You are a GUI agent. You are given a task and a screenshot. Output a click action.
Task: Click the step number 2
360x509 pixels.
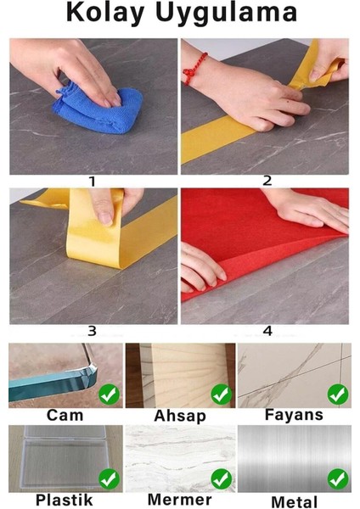point(267,181)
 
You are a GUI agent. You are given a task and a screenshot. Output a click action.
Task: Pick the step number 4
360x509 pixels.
point(267,332)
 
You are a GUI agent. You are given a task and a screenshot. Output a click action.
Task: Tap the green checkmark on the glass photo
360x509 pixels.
point(108,394)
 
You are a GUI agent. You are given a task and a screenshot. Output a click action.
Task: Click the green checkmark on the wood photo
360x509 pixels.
point(222,394)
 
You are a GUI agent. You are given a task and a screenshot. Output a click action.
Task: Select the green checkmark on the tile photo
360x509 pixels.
point(338,394)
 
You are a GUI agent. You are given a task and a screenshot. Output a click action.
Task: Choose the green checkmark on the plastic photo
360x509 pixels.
point(108,479)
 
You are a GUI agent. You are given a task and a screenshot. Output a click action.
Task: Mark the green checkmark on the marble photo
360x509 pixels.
point(222,479)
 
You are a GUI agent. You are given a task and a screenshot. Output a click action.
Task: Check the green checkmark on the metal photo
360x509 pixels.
point(338,479)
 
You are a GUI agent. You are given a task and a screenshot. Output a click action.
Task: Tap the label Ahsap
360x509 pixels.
point(180,417)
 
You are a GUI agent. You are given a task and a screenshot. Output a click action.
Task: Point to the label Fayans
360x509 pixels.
point(294,417)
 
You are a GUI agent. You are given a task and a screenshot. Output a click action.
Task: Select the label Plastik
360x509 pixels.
point(65,501)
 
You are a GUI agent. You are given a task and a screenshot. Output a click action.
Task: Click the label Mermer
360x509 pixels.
point(180,501)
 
